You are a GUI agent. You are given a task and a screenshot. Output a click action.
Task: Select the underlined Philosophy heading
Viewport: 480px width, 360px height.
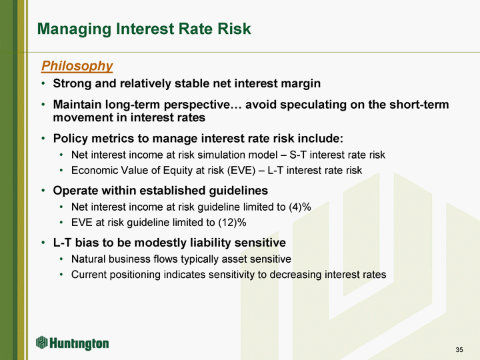pyautogui.click(x=77, y=66)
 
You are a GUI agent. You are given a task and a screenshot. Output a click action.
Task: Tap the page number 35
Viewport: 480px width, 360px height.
pyautogui.click(x=459, y=349)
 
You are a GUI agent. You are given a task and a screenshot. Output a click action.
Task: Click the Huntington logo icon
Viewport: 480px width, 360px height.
pyautogui.click(x=41, y=342)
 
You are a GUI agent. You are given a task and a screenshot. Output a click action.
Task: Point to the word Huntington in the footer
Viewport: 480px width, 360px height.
pyautogui.click(x=79, y=343)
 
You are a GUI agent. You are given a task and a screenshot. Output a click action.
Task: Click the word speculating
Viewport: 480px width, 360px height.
pyautogui.click(x=313, y=105)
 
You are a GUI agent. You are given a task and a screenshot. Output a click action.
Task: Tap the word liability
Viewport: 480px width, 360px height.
pyautogui.click(x=210, y=243)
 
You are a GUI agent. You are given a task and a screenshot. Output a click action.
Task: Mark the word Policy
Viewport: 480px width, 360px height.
pyautogui.click(x=71, y=139)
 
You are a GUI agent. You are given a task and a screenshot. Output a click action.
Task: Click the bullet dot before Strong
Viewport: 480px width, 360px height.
pyautogui.click(x=43, y=83)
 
